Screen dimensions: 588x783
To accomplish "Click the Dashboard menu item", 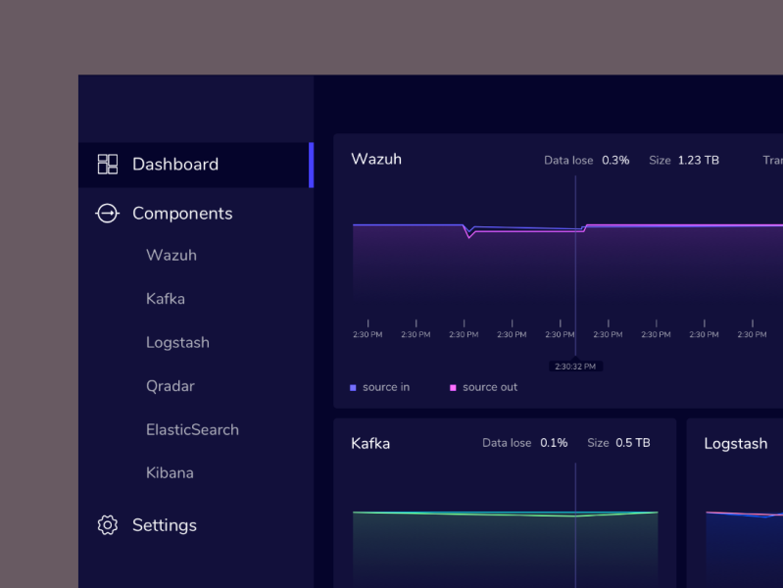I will coord(175,165).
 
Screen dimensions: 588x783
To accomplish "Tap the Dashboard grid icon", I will coord(108,165).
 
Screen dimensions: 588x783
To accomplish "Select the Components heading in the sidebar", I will coord(182,214).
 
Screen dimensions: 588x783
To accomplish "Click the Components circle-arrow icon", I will coord(107,214).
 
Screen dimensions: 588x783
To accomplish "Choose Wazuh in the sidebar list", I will coord(171,256).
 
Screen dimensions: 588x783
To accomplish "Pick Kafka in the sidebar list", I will coord(166,299).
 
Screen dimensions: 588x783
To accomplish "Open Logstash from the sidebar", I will coord(177,343).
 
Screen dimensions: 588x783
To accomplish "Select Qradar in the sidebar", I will coord(171,386).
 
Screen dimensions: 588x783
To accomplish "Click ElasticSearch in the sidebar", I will coord(192,429).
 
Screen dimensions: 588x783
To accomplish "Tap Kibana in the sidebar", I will coord(170,473).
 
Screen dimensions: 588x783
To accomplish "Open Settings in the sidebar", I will coord(165,525).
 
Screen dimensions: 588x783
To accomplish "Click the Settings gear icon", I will coord(108,525).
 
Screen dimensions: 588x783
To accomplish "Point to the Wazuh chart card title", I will coord(376,160).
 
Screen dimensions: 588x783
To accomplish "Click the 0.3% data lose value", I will coord(615,160).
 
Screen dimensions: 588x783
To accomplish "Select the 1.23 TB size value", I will coord(698,160).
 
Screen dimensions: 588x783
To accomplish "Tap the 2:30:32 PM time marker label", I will coord(575,367).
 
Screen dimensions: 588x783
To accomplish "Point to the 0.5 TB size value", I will coord(632,443).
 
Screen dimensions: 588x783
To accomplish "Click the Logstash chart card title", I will coord(735,444).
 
